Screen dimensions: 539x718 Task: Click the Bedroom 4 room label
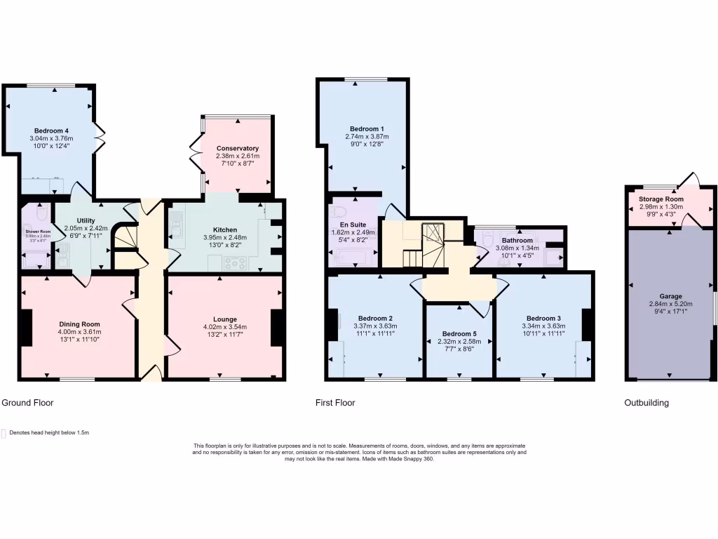pos(51,131)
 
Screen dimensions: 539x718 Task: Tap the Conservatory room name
pos(238,148)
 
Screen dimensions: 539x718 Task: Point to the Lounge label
pos(225,319)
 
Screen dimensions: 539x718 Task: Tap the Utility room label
pos(86,220)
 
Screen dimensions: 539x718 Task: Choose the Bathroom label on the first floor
pos(517,240)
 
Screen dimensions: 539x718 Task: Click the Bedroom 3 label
pos(543,317)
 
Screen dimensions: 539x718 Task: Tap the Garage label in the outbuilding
pos(670,296)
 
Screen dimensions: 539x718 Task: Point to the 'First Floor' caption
pos(335,403)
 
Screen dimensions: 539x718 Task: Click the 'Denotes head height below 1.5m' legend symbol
pos(4,433)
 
